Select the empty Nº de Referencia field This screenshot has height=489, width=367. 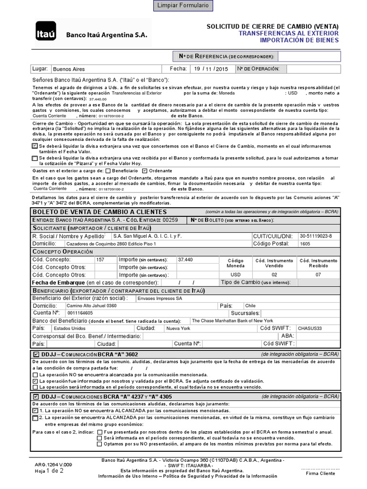309,57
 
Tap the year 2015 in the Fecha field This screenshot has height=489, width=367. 221,69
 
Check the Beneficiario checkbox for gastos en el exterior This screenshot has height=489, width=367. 108,170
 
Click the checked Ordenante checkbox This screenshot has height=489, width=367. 145,170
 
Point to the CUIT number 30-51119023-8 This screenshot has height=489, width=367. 316,236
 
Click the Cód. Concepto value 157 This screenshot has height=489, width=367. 100,259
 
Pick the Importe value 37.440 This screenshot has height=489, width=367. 185,259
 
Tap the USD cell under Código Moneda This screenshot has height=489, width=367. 236,275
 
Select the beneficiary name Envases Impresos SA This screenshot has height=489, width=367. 160,298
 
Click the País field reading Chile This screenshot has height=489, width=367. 250,306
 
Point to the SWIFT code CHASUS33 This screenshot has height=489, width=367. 310,329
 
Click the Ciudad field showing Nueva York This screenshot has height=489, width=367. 178,329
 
